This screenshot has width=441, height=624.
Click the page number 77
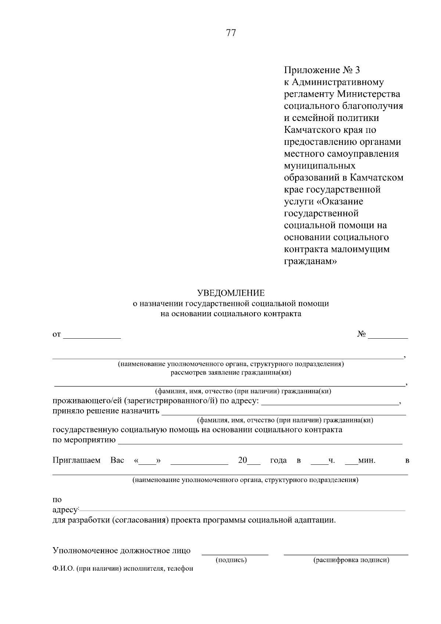(231, 33)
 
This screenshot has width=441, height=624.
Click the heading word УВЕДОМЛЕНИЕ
(231, 293)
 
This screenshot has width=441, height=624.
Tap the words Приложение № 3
(323, 70)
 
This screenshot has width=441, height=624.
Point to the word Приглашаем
(76, 460)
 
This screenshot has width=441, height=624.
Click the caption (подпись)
(231, 560)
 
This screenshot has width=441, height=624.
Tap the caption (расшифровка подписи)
(351, 560)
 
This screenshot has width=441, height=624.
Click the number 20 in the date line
(243, 460)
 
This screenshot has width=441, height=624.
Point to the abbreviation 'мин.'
(366, 460)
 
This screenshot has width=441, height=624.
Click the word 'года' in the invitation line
(278, 460)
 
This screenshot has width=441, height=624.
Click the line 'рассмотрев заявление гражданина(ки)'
(231, 373)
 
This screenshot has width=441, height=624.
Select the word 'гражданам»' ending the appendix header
(311, 261)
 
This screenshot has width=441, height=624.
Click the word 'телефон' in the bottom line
(180, 569)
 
